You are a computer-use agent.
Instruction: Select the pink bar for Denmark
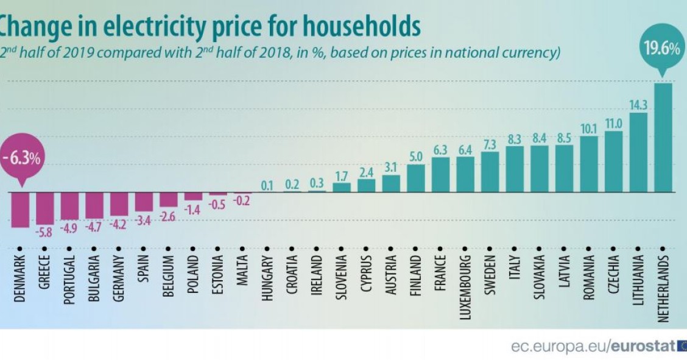coord(20,210)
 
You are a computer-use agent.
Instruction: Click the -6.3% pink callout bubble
coord(21,159)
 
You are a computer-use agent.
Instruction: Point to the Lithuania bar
coord(638,152)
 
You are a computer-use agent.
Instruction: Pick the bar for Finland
coord(416,178)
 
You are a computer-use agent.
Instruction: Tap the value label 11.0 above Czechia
coord(613,124)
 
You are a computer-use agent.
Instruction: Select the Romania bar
coord(588,164)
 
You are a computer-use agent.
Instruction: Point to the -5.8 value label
coord(45,232)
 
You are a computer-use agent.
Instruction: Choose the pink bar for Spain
coord(144,201)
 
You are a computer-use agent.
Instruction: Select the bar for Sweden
coord(490,171)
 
